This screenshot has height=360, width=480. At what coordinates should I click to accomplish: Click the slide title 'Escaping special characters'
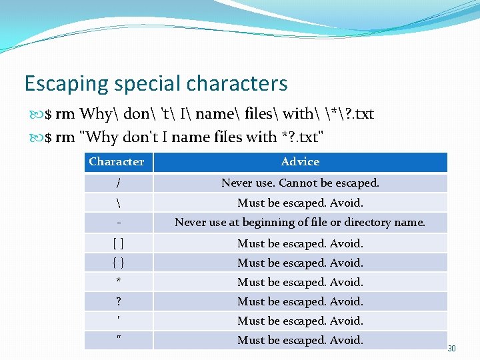tap(156, 83)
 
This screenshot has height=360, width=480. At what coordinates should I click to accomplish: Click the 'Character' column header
tap(117, 162)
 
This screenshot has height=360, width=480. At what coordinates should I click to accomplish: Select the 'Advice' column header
tap(300, 162)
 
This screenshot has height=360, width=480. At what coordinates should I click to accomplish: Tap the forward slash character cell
tap(118, 183)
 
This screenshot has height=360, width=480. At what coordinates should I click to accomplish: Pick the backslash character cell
tap(118, 203)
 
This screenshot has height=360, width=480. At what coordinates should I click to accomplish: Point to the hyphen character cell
tap(118, 223)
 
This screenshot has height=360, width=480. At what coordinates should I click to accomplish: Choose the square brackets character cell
tap(118, 243)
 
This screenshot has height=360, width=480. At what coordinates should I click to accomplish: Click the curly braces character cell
tap(118, 263)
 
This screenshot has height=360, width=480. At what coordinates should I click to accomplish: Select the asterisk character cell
tap(118, 282)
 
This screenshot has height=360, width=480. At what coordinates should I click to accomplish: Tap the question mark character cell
tap(118, 301)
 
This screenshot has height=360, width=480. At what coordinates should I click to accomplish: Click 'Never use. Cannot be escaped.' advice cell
tap(300, 183)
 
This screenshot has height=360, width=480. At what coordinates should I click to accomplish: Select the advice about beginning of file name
tap(300, 223)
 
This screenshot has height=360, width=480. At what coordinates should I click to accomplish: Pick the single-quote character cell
tap(118, 321)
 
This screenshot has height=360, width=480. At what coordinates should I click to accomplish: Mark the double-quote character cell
tap(118, 340)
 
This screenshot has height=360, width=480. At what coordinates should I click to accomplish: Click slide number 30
tap(451, 349)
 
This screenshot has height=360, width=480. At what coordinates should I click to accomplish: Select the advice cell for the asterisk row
tap(300, 282)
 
